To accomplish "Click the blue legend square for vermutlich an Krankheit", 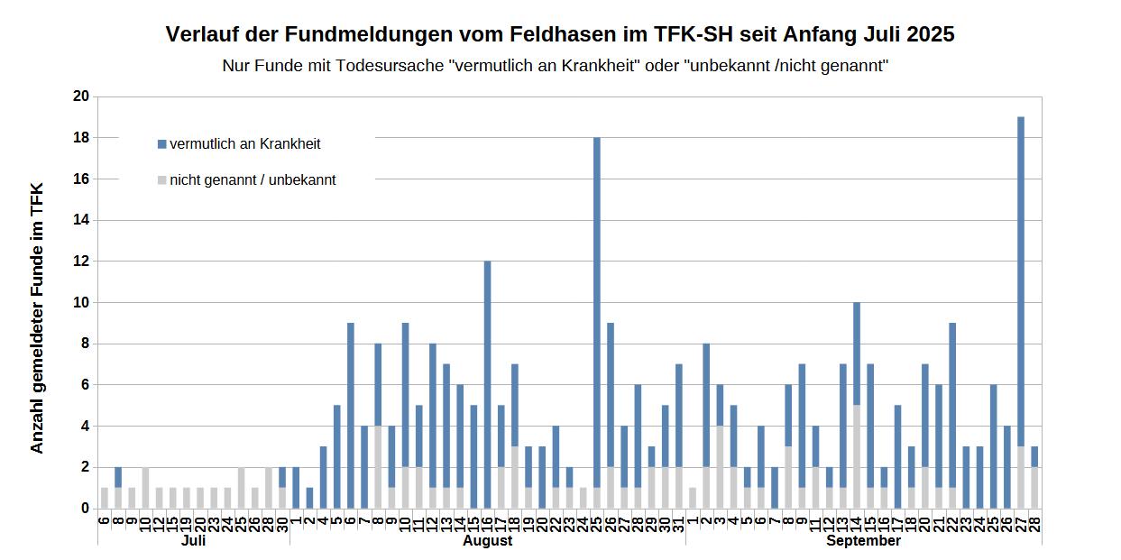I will point(162,144).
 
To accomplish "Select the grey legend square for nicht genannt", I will point(162,180).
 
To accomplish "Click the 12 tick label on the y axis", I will point(82,262).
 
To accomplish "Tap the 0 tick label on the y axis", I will point(86,509).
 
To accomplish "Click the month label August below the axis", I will point(487,541).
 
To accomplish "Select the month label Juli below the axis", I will point(193,541).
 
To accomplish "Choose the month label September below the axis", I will point(863,541).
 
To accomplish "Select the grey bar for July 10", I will point(145,488).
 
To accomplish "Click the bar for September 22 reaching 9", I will point(951,406).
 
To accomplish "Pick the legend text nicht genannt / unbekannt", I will point(253,180).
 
